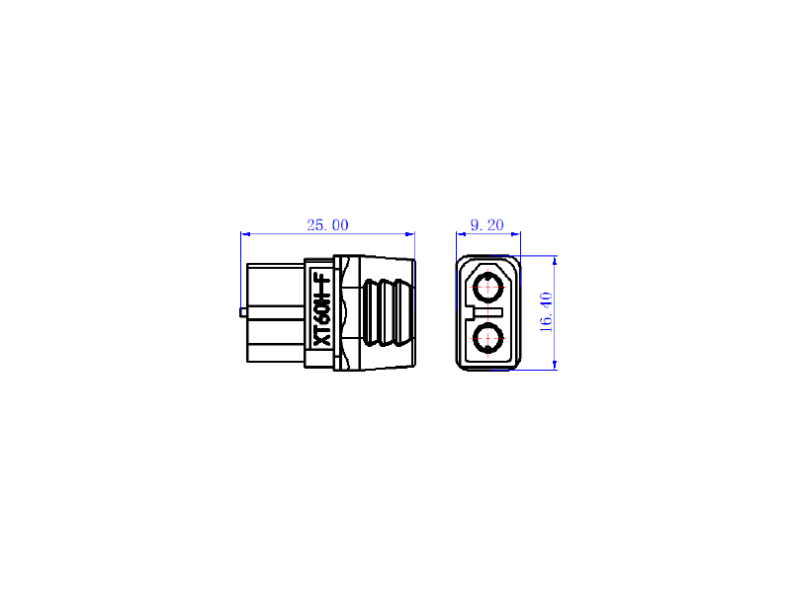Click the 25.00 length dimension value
(327, 225)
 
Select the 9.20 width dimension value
(486, 225)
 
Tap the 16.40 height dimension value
(547, 312)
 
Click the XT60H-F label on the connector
(321, 310)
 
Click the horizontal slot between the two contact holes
(488, 312)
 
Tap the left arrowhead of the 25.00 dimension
(245, 234)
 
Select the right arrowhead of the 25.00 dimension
(409, 234)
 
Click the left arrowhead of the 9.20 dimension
(461, 234)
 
